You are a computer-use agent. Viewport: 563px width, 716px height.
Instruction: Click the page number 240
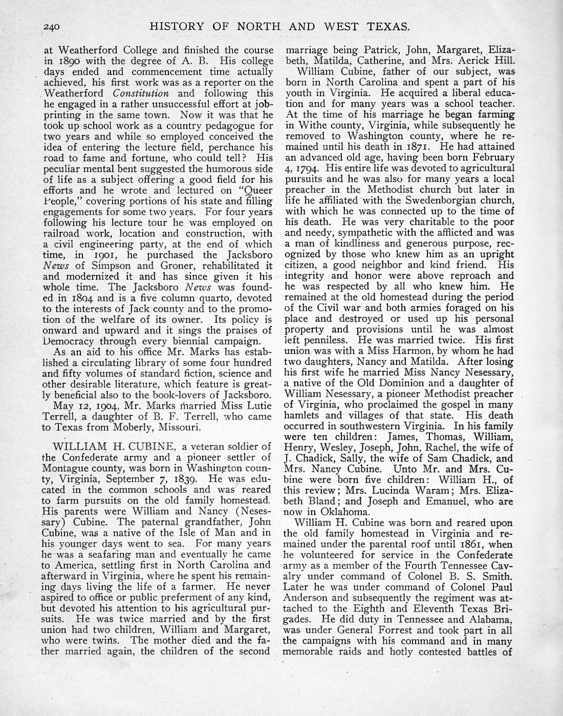tap(52, 26)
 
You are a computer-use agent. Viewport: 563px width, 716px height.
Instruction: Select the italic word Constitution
tap(141, 94)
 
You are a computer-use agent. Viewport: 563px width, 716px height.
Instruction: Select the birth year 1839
tap(183, 479)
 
